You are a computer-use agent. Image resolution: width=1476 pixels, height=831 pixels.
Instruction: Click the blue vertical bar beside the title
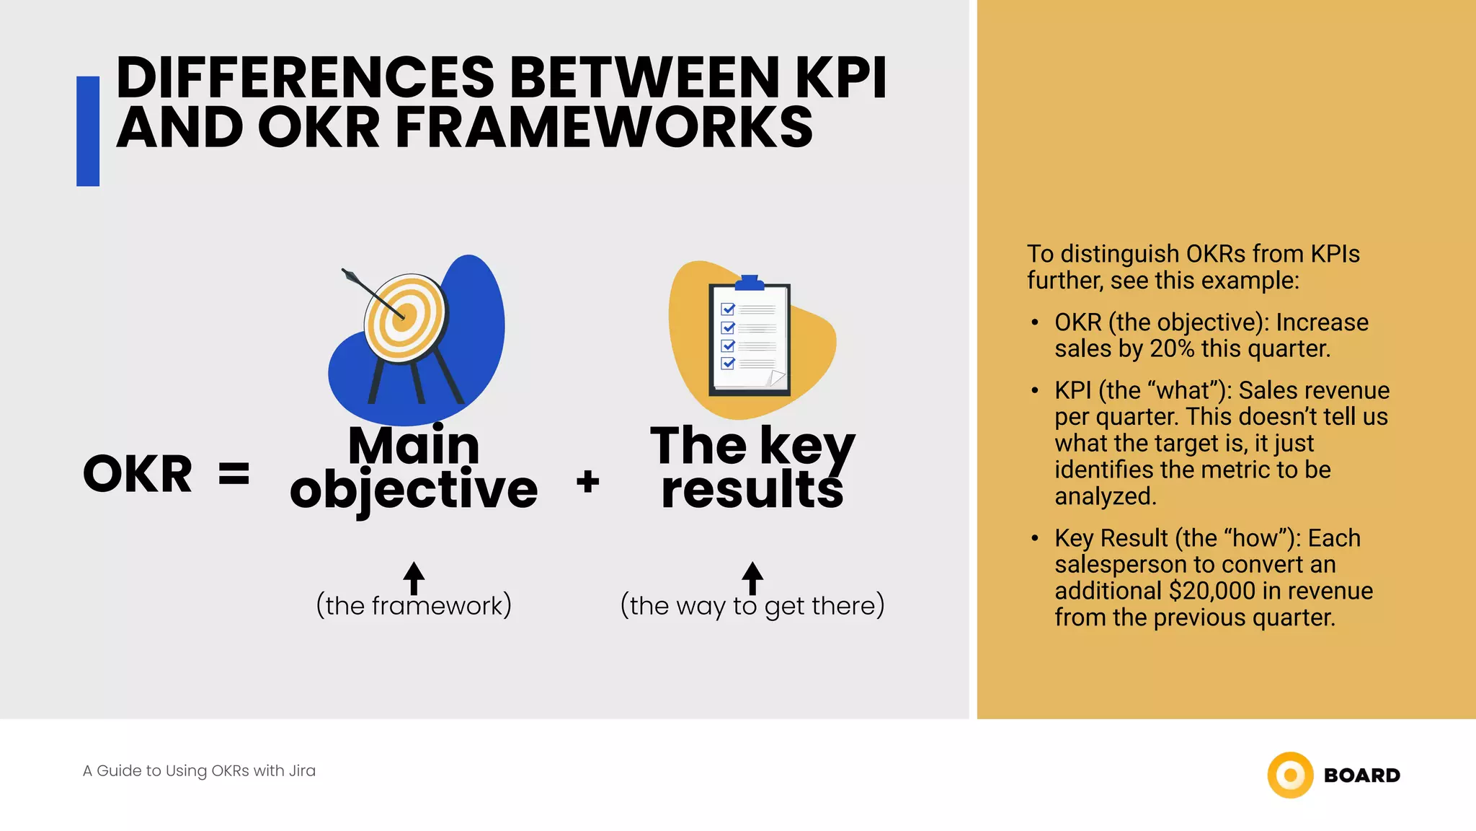(x=88, y=131)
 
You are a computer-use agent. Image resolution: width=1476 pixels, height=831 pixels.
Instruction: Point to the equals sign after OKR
(x=234, y=475)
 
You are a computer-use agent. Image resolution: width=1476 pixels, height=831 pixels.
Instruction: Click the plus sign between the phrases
(x=588, y=481)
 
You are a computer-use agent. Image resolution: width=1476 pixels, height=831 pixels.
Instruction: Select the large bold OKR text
(x=138, y=475)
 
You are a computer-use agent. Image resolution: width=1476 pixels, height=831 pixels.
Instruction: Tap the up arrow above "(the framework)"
(x=414, y=577)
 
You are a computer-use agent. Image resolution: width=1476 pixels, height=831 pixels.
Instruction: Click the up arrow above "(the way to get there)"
(x=752, y=577)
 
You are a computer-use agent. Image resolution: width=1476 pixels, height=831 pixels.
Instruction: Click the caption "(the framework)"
(x=414, y=606)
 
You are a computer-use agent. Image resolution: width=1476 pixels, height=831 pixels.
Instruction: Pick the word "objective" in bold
(x=414, y=491)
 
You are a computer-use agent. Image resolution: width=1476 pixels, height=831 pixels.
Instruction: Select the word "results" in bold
(x=752, y=491)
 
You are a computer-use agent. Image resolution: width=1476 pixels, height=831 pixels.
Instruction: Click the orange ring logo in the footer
(x=1290, y=775)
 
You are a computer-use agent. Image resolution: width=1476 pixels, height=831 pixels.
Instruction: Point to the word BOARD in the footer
(x=1362, y=775)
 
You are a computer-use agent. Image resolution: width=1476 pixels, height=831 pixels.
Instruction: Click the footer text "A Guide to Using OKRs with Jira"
(x=199, y=771)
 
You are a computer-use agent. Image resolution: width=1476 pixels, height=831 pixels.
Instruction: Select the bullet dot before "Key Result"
(x=1035, y=539)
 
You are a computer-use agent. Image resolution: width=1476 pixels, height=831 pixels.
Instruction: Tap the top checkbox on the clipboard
(x=728, y=309)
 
